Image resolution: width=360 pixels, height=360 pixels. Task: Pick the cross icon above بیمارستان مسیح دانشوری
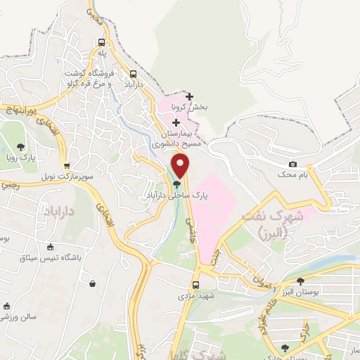[176, 123]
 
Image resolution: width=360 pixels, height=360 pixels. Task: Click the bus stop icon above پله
[102, 41]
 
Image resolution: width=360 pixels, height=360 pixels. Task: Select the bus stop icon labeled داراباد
[134, 75]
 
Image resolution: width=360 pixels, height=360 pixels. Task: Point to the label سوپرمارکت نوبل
[46, 176]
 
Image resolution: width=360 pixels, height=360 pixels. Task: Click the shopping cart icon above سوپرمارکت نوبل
[67, 167]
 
